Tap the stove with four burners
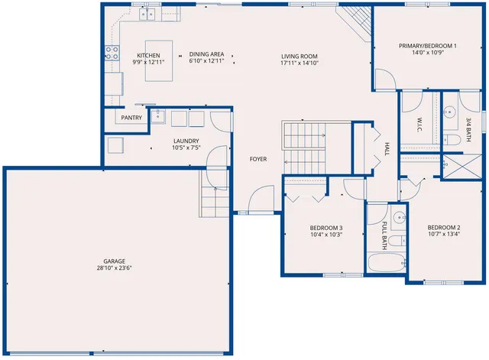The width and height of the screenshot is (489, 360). click(112, 53)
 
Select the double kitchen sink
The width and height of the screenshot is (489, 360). click(144, 14)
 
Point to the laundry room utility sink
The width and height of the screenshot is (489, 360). click(158, 117)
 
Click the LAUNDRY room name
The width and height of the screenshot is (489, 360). click(186, 141)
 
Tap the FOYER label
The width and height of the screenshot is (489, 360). click(257, 159)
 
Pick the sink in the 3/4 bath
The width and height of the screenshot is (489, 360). click(449, 111)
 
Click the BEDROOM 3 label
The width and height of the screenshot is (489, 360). click(325, 228)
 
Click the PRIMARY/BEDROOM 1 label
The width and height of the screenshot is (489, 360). click(428, 46)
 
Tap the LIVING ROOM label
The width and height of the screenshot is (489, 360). click(299, 55)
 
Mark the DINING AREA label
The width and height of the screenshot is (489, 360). click(206, 54)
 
